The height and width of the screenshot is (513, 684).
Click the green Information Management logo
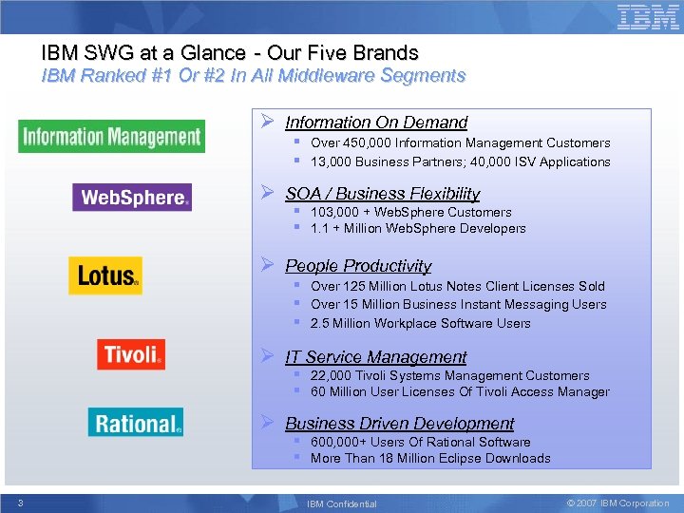(111, 137)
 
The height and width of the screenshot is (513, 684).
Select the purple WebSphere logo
(132, 198)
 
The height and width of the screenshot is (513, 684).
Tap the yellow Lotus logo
(105, 275)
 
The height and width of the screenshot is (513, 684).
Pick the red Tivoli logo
(131, 354)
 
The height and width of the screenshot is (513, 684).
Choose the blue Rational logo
(136, 423)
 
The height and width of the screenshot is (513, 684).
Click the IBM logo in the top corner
(648, 18)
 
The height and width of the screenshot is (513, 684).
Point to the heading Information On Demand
(376, 123)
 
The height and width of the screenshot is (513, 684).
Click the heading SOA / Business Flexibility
(382, 194)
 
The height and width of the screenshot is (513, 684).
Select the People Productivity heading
(358, 266)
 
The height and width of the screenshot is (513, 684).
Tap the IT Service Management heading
(375, 357)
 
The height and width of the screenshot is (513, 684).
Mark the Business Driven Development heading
(399, 424)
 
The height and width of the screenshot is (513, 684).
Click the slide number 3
(20, 503)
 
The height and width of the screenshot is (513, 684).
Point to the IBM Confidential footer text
(341, 503)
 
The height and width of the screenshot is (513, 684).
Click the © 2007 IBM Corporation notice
(617, 503)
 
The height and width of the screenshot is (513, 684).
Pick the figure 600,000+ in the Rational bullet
(340, 443)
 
